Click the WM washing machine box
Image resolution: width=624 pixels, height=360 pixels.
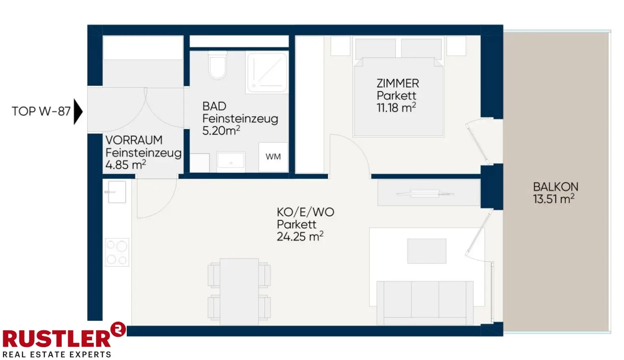273,157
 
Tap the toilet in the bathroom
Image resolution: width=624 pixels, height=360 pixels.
218,65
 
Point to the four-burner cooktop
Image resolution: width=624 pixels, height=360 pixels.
117,252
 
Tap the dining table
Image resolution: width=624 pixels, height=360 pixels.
239,291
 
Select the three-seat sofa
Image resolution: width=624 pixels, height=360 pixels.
425,303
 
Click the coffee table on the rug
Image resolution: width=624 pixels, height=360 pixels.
427,251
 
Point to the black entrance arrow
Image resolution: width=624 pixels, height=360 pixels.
78,111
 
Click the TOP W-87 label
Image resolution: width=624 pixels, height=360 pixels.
41,111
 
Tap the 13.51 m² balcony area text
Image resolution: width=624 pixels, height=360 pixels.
554,199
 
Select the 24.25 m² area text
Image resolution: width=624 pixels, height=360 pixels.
300,236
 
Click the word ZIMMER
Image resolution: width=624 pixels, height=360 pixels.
398,83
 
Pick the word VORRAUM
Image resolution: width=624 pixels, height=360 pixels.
134,140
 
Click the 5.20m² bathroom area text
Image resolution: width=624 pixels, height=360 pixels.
221,130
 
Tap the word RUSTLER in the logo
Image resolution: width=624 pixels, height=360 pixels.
56,338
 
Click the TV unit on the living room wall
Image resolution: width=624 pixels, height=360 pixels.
429,193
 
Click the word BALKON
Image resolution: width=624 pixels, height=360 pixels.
556,187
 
